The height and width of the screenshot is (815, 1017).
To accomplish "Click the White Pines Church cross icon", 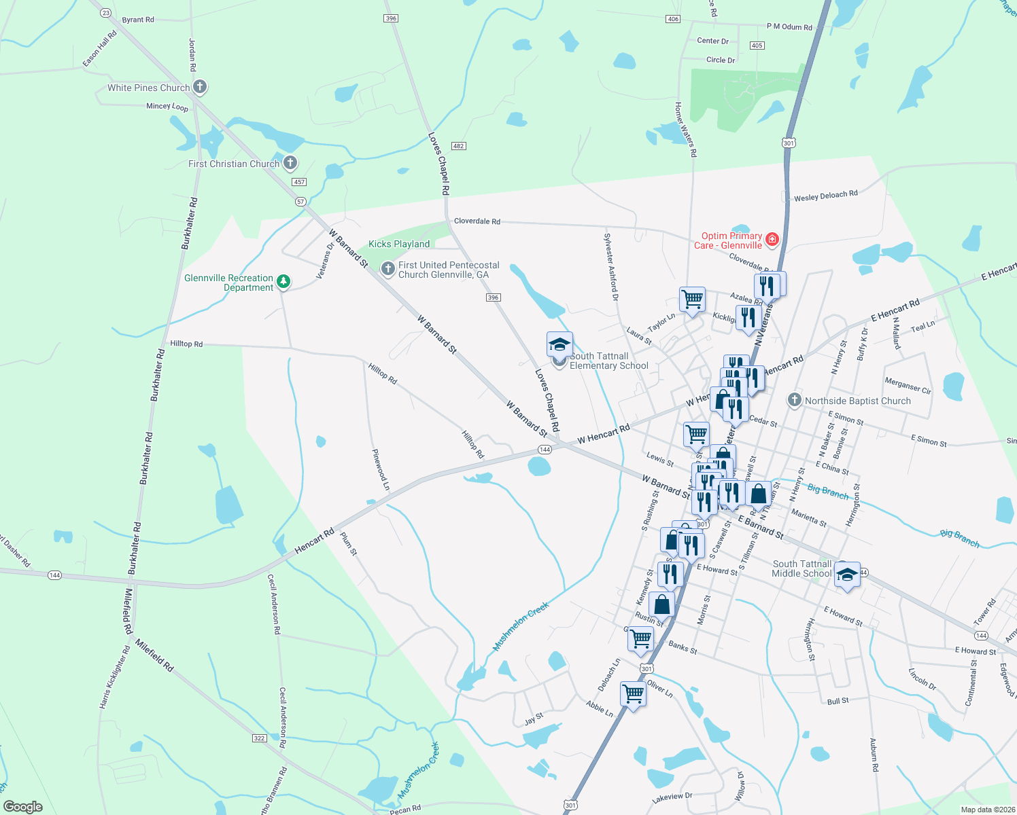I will coord(199,87).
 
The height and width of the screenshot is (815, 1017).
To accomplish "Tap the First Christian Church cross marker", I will coord(290,163).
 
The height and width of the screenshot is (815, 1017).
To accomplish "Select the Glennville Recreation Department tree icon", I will coord(283,281).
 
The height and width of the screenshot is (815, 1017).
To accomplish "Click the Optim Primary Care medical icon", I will coord(772,239).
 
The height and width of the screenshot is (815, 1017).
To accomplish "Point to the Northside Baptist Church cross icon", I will coord(794,400).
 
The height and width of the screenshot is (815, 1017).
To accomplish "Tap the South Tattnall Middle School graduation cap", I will coord(846,575).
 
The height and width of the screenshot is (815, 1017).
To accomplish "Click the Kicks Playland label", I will coord(399,244).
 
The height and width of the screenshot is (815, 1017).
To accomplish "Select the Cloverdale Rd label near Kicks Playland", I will coord(477,221).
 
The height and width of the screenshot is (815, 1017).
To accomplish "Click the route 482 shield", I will coord(459,146).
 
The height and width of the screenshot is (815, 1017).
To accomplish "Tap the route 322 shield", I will coord(259,738).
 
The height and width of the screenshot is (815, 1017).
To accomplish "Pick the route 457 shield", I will coord(299,182).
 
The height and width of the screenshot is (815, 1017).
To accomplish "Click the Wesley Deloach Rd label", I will coord(825,196).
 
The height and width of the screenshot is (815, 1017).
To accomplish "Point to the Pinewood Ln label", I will coord(381,469).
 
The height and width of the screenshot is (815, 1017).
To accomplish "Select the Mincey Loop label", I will coord(167,107).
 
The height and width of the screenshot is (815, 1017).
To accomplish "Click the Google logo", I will coord(23,806).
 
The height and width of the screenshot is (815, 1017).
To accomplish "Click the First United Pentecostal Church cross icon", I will coord(388,269).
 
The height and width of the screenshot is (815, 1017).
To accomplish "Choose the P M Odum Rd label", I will coord(789,27).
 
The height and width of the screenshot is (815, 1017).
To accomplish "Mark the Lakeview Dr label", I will coord(672,798).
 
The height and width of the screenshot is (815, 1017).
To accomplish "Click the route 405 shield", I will coord(757,46).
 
